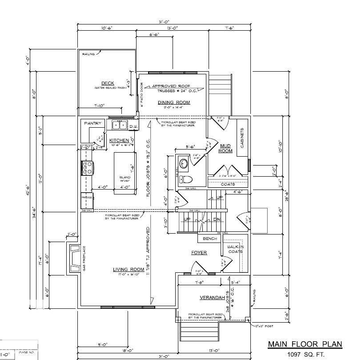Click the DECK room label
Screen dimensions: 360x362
108,83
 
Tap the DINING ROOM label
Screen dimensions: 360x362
174,102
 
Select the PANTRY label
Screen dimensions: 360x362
93,123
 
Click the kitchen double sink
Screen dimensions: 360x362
119,125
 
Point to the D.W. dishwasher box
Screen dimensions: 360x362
133,127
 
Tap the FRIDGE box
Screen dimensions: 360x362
86,196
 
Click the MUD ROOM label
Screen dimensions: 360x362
225,148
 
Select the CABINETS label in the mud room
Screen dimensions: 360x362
242,138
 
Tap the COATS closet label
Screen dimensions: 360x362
228,184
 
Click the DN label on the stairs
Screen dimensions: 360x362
217,220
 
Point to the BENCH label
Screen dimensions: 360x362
210,239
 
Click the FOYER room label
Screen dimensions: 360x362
199,253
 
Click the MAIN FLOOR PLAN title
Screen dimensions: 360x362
305,344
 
